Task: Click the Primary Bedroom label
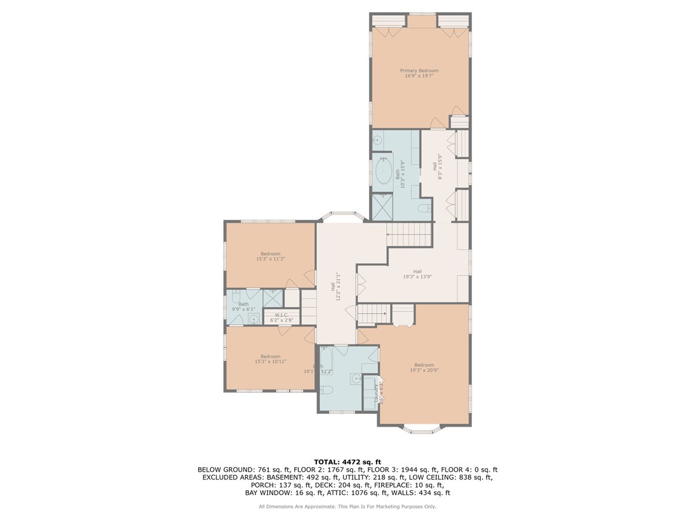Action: click(x=419, y=71)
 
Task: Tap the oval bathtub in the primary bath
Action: click(x=383, y=171)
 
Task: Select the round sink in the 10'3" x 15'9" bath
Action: click(x=376, y=140)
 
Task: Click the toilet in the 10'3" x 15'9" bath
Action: click(x=424, y=208)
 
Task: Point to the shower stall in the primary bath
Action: click(x=382, y=207)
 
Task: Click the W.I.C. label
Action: click(x=281, y=315)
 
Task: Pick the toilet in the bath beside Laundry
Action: click(x=325, y=388)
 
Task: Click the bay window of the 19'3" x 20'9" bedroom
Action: click(x=422, y=430)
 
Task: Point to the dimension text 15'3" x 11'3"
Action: click(x=270, y=259)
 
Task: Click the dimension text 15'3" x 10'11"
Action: click(x=270, y=362)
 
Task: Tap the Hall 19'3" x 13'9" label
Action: click(x=417, y=274)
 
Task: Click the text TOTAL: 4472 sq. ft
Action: click(x=348, y=461)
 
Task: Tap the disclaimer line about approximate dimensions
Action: click(x=348, y=507)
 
